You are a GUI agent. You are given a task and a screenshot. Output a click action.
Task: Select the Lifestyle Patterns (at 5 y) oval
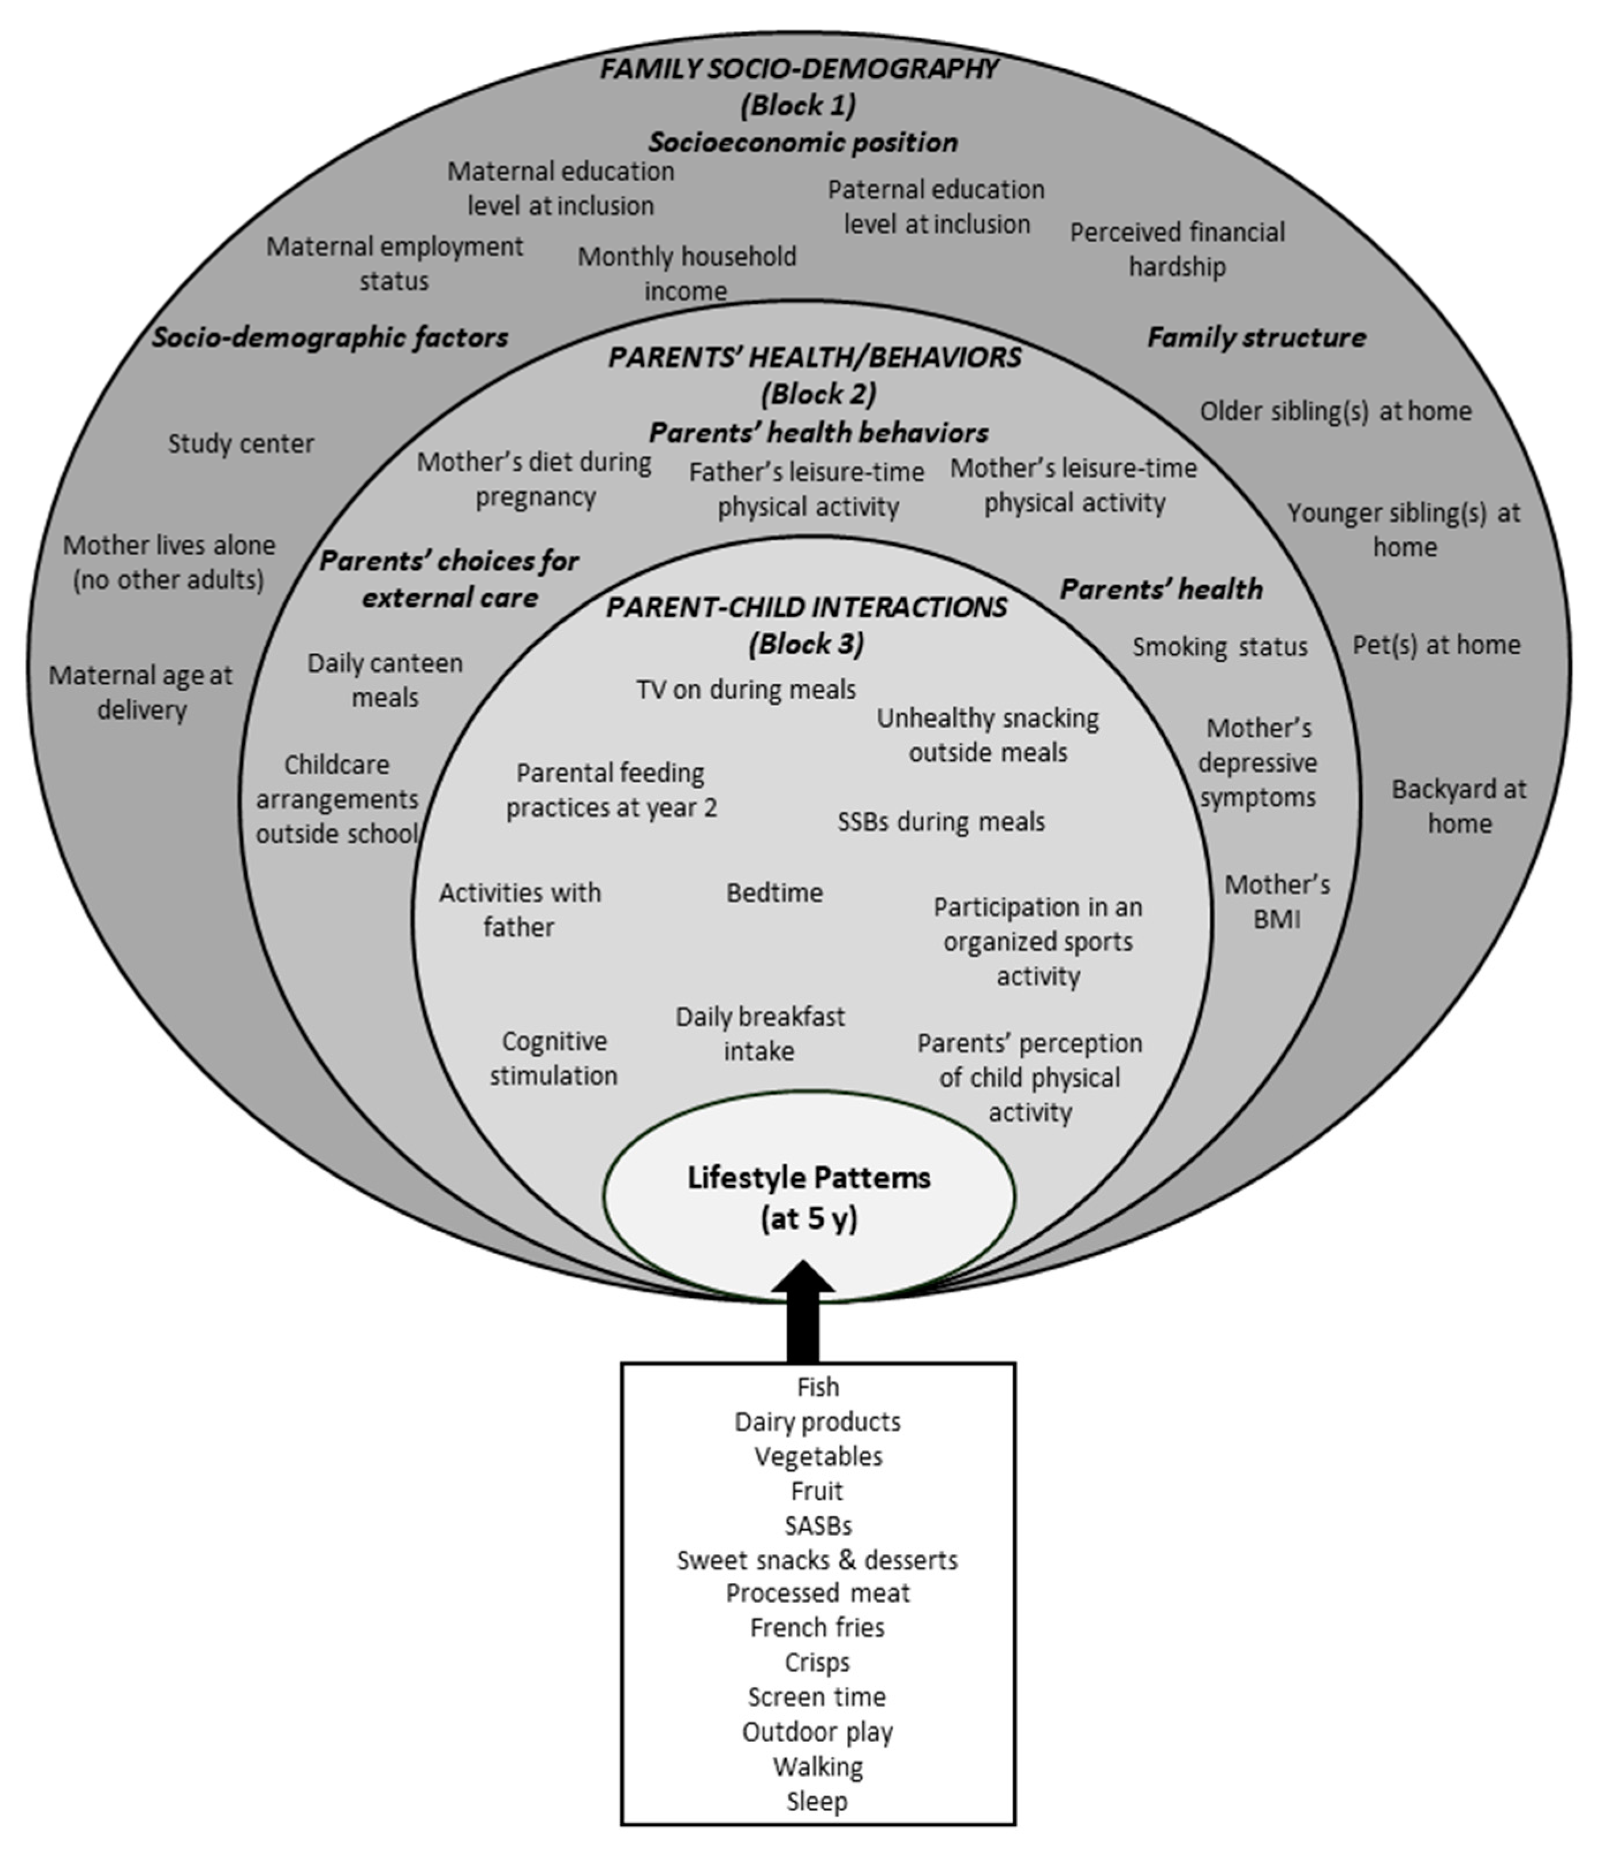pos(808,1197)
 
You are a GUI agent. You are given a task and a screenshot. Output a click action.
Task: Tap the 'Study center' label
pos(241,444)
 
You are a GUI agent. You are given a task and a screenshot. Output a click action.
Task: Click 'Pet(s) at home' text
pos(1436,645)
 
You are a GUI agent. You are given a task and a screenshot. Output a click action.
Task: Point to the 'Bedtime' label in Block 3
pos(774,893)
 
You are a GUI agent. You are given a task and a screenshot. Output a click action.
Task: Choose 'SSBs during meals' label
pos(941,822)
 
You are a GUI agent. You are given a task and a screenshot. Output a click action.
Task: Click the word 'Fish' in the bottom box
pos(817,1386)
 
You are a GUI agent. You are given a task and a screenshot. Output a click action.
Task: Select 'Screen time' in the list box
pos(816,1697)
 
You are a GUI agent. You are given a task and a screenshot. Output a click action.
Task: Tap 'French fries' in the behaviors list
pos(816,1627)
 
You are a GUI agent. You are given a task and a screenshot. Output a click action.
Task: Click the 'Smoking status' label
pos(1219,647)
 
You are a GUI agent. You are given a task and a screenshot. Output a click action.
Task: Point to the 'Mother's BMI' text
pos(1276,901)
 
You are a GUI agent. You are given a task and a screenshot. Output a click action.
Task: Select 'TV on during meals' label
pos(746,689)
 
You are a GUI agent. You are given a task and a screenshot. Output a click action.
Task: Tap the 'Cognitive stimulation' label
pos(553,1058)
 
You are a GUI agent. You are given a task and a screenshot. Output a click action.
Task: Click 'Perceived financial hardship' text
pos(1177,249)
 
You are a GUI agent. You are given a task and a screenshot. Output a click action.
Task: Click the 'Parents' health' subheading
pos(1161,589)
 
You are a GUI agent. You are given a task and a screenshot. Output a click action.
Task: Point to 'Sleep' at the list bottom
pos(816,1800)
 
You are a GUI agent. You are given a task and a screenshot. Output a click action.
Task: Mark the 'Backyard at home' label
pos(1459,806)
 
